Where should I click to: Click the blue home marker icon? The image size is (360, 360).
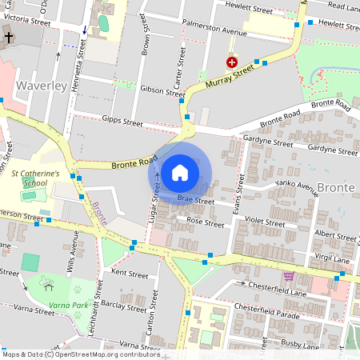(x=180, y=172)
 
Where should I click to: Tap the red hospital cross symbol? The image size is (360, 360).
(x=232, y=62)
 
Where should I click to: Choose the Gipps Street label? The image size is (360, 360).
(x=122, y=122)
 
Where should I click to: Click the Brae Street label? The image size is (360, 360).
(x=196, y=202)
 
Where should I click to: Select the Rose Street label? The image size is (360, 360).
(x=204, y=222)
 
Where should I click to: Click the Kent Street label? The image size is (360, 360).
(x=130, y=274)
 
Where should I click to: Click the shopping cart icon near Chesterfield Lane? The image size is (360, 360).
(x=289, y=276)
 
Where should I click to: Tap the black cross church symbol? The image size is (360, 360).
(x=8, y=38)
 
